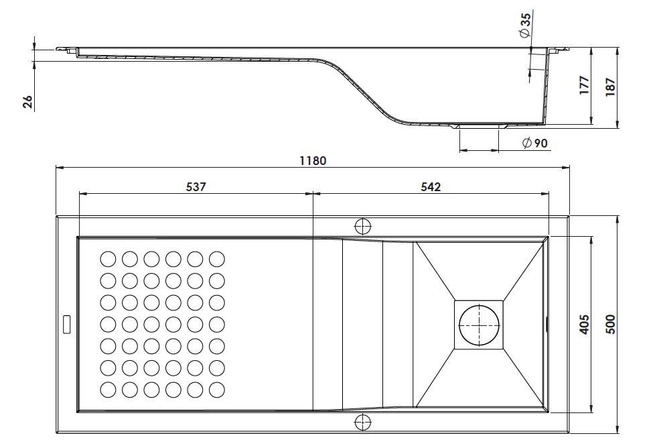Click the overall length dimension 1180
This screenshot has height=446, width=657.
pyautogui.click(x=313, y=161)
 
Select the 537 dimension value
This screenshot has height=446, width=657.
pyautogui.click(x=196, y=186)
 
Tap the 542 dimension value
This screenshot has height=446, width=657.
pyautogui.click(x=431, y=186)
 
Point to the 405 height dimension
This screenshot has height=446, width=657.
pyautogui.click(x=584, y=325)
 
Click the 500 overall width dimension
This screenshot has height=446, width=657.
pyautogui.click(x=611, y=325)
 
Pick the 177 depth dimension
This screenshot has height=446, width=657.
pyautogui.click(x=584, y=86)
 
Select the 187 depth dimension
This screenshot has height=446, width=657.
pyautogui.click(x=611, y=87)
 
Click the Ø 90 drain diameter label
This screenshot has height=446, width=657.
pyautogui.click(x=535, y=143)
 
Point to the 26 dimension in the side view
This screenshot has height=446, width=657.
pyautogui.click(x=27, y=102)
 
